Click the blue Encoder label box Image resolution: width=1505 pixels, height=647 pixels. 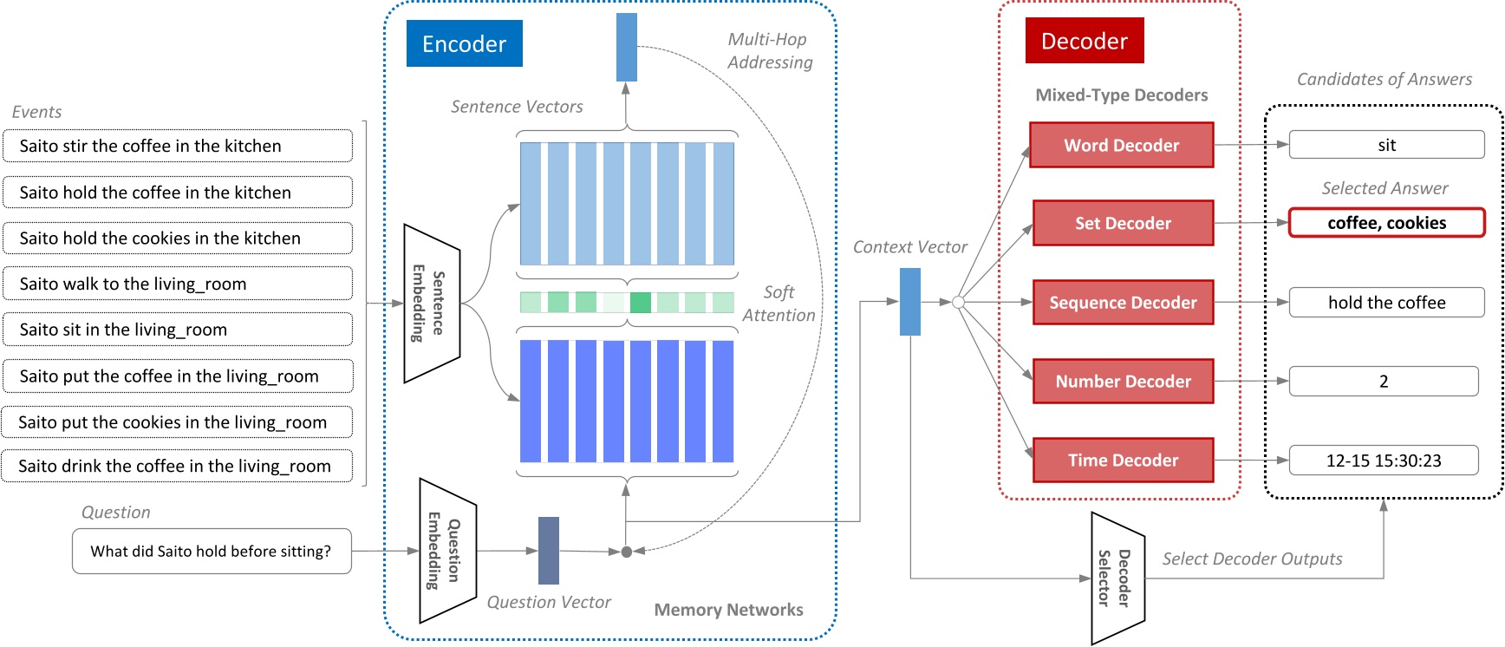(x=464, y=43)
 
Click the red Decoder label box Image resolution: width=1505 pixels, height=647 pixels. (x=1084, y=41)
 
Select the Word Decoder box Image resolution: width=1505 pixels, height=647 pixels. (x=1121, y=145)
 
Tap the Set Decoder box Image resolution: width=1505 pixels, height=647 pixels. (x=1123, y=223)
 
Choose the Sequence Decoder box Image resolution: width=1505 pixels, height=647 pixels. (x=1123, y=303)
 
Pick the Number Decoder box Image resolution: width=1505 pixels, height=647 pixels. (x=1123, y=382)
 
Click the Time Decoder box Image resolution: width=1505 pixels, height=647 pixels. (x=1123, y=461)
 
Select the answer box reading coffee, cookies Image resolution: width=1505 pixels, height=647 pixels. (x=1386, y=223)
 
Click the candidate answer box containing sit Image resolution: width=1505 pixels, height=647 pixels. (x=1386, y=145)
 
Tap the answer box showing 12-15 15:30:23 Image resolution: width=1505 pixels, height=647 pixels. (x=1384, y=461)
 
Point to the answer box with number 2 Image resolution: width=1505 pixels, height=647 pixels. (x=1384, y=382)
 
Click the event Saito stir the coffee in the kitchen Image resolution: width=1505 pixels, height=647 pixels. (x=178, y=146)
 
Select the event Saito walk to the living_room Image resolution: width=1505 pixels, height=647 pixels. (x=178, y=284)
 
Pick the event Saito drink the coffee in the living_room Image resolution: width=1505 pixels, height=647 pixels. (x=178, y=466)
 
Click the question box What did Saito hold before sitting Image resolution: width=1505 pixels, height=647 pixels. (x=212, y=552)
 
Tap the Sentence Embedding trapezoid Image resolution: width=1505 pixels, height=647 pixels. (x=431, y=303)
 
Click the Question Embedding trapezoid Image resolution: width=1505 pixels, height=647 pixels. (x=447, y=551)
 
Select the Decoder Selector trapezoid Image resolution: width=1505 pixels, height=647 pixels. (x=1117, y=578)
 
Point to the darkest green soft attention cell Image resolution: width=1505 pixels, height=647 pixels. (x=640, y=303)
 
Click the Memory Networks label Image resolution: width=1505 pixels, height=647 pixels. (x=728, y=610)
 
